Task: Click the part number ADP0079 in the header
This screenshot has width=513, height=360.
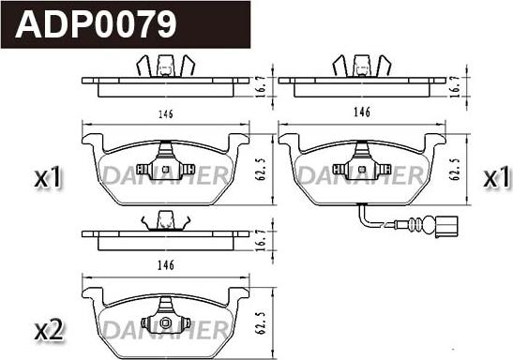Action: point(96,24)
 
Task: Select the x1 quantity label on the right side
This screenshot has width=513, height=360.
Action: point(496,176)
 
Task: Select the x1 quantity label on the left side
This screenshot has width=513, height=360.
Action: point(48,176)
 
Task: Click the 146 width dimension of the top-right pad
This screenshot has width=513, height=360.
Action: point(362,112)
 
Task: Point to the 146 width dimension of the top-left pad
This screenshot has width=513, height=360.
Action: point(166,114)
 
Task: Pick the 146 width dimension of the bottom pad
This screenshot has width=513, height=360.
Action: point(166,265)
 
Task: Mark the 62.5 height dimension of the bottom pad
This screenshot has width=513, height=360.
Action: point(261,322)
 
